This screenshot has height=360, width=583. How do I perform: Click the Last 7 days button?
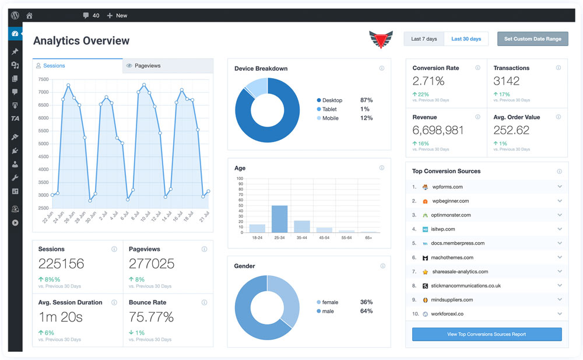(424, 39)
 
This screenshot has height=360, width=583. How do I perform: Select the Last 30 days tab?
(466, 39)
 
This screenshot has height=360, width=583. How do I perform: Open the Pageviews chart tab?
(168, 65)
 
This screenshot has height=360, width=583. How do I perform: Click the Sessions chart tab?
(78, 65)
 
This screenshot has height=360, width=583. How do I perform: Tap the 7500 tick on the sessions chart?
(43, 79)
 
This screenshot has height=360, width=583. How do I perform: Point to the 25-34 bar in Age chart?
(280, 219)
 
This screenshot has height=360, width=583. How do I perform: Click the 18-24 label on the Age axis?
(257, 237)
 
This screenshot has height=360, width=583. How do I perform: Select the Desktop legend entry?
(329, 100)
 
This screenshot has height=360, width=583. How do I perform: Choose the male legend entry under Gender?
(325, 311)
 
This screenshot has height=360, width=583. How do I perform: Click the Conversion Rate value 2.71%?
(429, 81)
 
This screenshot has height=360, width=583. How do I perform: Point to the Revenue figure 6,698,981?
(438, 130)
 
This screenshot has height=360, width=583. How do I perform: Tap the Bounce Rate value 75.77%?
(151, 317)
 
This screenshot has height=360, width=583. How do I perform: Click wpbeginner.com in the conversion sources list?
(450, 201)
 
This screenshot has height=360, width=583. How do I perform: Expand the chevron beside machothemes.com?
(560, 257)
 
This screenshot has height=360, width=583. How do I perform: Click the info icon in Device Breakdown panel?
(381, 68)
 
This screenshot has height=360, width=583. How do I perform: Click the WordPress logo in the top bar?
(15, 15)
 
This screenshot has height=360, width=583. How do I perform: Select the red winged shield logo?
(381, 39)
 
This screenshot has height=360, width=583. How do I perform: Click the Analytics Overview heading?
(82, 41)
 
